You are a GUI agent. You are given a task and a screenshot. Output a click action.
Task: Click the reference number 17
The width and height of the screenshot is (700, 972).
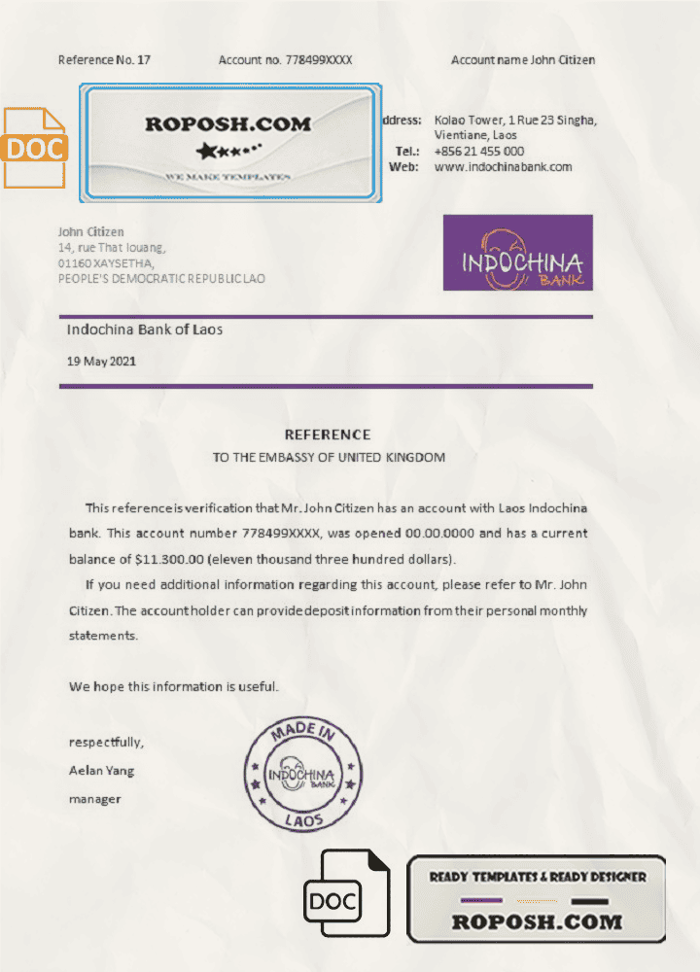pos(144,60)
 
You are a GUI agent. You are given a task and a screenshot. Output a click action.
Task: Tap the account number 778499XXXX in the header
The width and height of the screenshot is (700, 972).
pos(318,60)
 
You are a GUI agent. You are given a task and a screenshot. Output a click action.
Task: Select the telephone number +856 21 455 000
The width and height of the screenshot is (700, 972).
pos(479,152)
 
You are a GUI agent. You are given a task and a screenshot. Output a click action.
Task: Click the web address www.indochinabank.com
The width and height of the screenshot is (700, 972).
pos(503,167)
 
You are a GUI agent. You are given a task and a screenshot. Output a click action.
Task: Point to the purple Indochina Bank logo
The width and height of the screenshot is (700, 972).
pos(517,253)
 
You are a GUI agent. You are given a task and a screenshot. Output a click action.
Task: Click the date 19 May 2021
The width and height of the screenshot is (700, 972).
pos(101,361)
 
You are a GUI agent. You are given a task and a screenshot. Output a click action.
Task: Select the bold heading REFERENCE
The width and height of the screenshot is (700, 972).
pos(327,434)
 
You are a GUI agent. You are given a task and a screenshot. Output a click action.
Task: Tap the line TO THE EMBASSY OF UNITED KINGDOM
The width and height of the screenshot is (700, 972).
pos(329,458)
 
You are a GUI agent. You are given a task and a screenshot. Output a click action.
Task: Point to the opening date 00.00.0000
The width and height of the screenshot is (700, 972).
pos(440,534)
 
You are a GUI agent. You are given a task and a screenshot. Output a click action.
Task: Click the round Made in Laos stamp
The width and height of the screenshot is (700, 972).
pos(302,775)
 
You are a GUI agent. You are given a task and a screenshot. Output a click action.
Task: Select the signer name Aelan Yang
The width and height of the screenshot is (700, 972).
pos(102,771)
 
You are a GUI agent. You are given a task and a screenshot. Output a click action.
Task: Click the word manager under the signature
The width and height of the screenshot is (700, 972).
pos(94,799)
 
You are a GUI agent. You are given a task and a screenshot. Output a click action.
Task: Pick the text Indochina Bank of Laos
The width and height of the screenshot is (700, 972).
pos(145,330)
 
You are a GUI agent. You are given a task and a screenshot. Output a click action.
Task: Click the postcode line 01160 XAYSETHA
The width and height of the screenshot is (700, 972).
pos(106,262)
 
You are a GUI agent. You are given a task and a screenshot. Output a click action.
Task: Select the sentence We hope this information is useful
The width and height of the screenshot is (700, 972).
pos(174,686)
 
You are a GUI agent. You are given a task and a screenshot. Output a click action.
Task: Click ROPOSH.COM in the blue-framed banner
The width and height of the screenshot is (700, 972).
pos(228,124)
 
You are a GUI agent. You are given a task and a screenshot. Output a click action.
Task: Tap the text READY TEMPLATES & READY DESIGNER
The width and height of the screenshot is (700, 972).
pos(537,877)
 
